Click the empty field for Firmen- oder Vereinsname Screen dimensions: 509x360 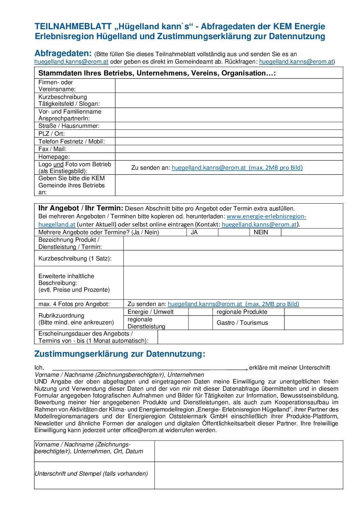(229, 86)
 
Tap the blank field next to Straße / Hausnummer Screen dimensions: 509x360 (229, 126)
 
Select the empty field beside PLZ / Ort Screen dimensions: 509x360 (229, 134)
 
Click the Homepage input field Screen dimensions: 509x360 (229, 157)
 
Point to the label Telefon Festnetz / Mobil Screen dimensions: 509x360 (71, 141)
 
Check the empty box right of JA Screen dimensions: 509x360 (233, 232)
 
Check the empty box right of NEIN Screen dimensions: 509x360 (312, 232)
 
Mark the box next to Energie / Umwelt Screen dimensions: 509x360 (200, 312)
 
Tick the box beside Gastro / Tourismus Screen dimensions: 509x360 (313, 323)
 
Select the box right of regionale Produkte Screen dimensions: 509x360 (313, 312)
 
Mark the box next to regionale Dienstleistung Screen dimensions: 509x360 (200, 323)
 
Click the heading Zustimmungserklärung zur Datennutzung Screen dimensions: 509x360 (120, 354)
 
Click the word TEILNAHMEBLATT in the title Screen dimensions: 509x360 (73, 27)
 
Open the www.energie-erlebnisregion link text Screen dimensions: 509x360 (266, 216)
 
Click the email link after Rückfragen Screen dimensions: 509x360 (296, 62)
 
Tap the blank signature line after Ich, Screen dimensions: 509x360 (150, 368)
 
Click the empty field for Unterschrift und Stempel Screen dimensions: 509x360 (248, 475)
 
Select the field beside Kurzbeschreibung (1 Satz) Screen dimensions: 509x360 (233, 258)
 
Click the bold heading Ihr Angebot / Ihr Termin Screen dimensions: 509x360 (81, 208)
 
